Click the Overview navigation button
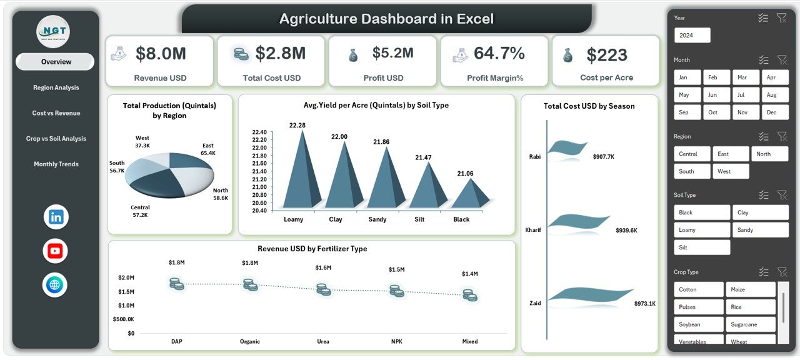point(56,62)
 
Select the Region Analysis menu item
point(56,87)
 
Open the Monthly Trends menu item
point(56,164)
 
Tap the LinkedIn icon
point(56,217)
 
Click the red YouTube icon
point(56,251)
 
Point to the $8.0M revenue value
point(161,54)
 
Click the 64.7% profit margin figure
point(499,54)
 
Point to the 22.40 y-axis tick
point(259,132)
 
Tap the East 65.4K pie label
point(208,149)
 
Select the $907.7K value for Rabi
point(603,157)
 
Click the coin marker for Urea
point(323,289)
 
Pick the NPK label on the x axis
point(396,341)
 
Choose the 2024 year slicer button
point(692,36)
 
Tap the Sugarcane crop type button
point(750,324)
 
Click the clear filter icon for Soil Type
point(781,195)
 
